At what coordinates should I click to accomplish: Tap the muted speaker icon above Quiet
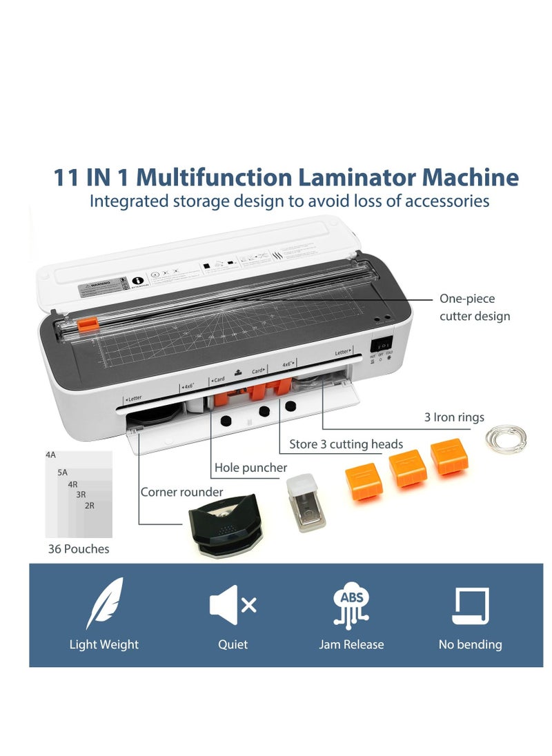(x=232, y=605)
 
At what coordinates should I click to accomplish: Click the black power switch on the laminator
(x=382, y=344)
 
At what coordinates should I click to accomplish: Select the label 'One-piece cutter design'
(x=475, y=308)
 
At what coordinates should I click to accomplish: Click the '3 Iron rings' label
(x=454, y=417)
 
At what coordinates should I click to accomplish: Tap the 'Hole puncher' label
(x=250, y=468)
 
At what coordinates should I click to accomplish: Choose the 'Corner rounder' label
(x=181, y=492)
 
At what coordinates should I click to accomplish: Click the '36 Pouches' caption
(x=79, y=549)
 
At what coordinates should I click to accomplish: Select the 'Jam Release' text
(x=351, y=645)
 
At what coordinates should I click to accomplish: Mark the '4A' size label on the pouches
(x=51, y=455)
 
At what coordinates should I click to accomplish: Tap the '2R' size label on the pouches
(x=89, y=506)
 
